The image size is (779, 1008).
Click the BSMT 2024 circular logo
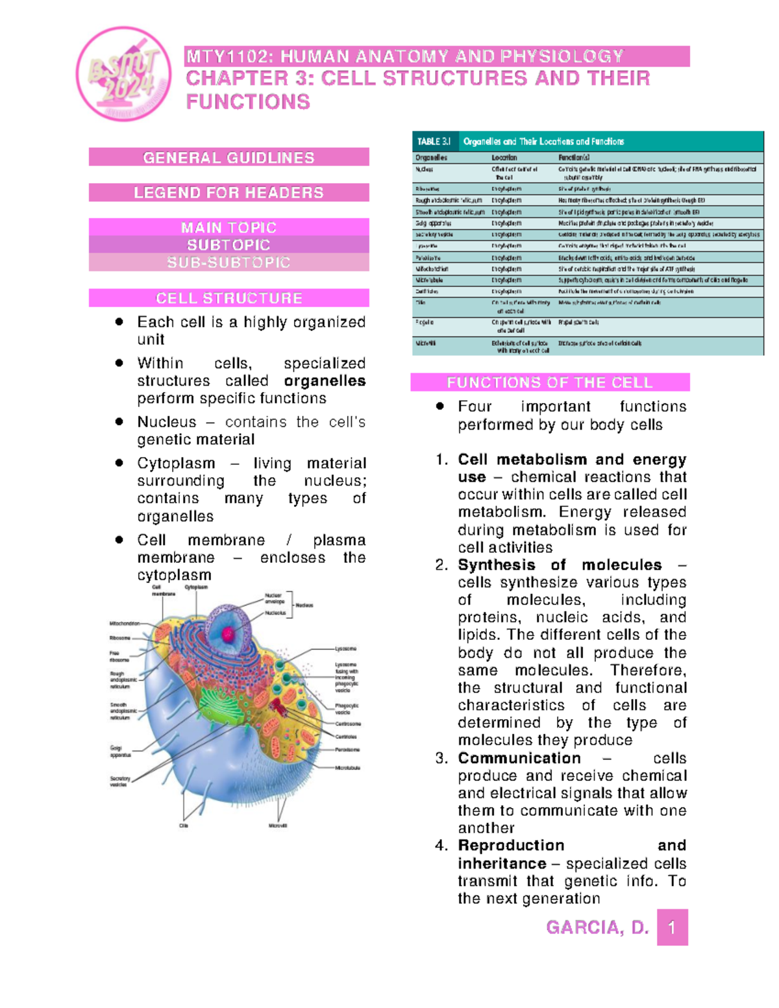pos(123,73)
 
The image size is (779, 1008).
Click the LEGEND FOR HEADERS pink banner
pos(229,193)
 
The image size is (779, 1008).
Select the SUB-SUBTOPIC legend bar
pos(229,262)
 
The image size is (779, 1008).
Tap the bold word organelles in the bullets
pos(325,381)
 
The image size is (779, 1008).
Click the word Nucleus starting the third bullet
pos(166,422)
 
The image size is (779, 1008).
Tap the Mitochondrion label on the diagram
pos(124,623)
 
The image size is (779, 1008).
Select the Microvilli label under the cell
pos(278,826)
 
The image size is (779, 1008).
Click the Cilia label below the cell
pos(184,826)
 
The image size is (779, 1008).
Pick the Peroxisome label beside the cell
pos(347,750)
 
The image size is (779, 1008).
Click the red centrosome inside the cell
pos(278,706)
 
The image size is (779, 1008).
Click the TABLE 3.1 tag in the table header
pos(434,141)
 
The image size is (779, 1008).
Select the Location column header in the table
pos(504,158)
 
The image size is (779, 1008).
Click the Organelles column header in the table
pos(431,158)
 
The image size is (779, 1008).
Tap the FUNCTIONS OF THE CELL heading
pos(549,382)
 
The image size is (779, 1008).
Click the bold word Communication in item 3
pos(519,758)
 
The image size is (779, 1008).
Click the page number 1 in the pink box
pos(672,928)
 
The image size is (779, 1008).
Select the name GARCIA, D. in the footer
pos(597,928)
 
